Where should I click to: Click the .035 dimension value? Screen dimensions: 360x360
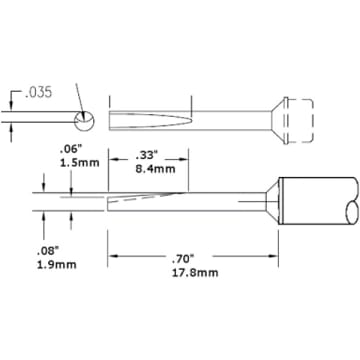[39, 93]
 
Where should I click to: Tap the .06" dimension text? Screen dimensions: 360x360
[69, 151]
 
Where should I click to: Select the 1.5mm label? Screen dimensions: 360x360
[79, 163]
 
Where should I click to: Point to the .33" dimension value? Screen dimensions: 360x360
[146, 155]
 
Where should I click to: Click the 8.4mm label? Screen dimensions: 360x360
[155, 169]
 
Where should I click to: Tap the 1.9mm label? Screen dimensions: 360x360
[57, 265]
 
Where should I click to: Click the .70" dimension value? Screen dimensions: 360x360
[184, 258]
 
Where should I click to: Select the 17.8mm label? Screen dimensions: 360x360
[195, 273]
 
